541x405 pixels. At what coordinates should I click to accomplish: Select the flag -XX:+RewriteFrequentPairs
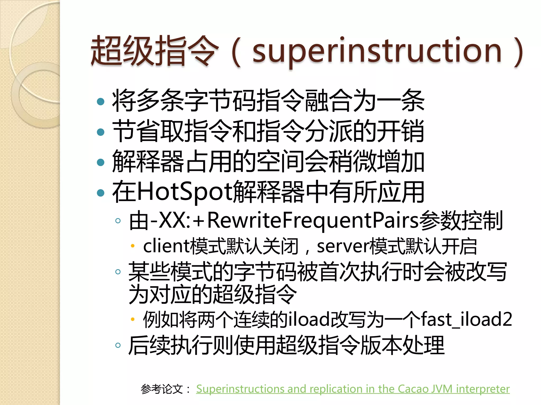(x=284, y=220)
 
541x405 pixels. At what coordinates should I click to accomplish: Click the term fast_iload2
(x=466, y=319)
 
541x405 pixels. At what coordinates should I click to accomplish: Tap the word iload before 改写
(x=309, y=319)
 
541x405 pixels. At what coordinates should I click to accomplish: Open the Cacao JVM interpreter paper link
(x=353, y=389)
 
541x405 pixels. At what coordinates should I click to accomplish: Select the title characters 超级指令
(x=155, y=51)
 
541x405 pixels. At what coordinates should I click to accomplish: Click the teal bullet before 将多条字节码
(x=101, y=102)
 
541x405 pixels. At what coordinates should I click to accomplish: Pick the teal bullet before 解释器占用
(x=101, y=162)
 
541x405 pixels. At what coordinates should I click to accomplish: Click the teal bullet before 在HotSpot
(x=101, y=193)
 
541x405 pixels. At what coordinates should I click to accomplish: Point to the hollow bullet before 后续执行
(x=118, y=345)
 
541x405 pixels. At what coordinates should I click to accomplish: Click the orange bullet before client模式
(x=133, y=246)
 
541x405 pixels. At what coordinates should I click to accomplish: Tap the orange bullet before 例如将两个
(x=133, y=320)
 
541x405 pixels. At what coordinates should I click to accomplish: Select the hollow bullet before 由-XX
(x=118, y=221)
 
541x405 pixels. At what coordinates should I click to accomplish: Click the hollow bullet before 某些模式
(x=118, y=272)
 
